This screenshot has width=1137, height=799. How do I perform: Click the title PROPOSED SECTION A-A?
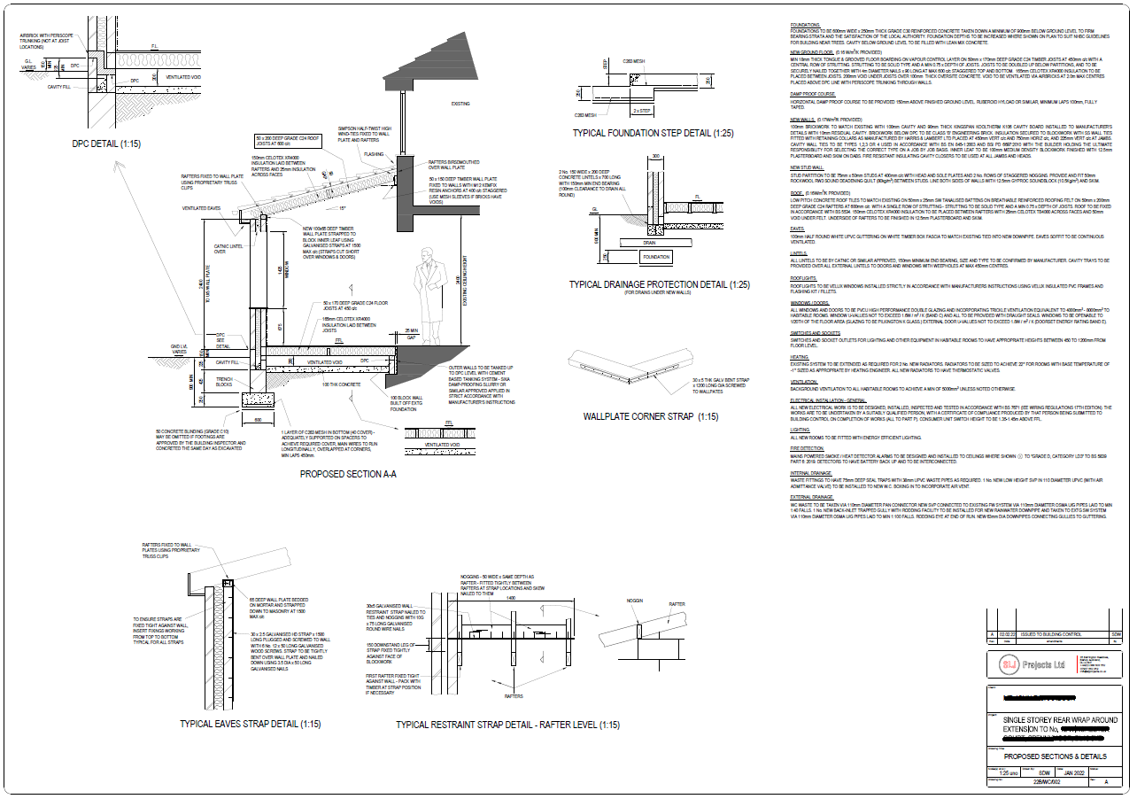[x=347, y=474]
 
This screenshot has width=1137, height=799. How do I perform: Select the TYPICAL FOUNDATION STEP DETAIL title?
[x=653, y=133]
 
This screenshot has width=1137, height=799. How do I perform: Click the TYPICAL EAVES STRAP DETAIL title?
[x=250, y=724]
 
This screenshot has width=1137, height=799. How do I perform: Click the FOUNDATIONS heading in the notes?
[x=806, y=25]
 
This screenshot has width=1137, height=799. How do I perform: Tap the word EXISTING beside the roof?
[x=460, y=104]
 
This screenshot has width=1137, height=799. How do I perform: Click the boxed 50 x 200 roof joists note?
[x=278, y=143]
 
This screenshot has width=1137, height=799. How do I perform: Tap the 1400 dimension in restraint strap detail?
[x=510, y=599]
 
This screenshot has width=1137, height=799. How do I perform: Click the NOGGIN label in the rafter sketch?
[x=634, y=600]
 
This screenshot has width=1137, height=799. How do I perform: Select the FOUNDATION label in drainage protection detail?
[x=656, y=257]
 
